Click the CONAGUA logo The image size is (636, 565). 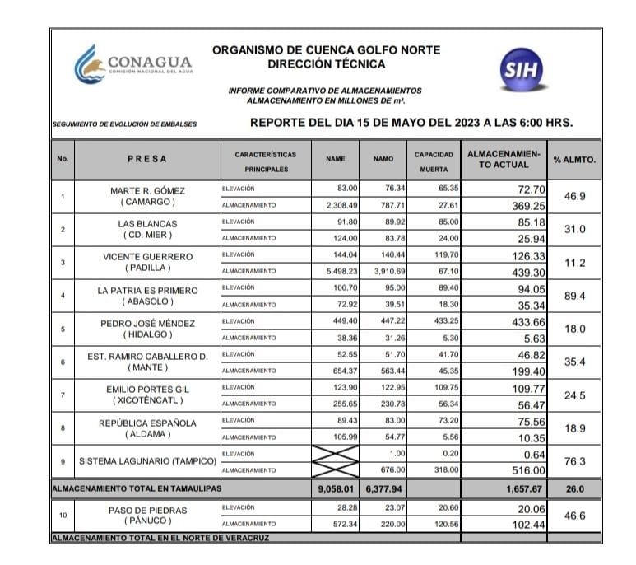click(132, 64)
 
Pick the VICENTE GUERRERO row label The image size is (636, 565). click(148, 256)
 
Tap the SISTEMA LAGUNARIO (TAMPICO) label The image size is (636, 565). click(147, 461)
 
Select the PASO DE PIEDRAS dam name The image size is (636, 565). click(147, 510)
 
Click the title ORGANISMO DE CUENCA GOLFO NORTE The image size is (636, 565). click(326, 49)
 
